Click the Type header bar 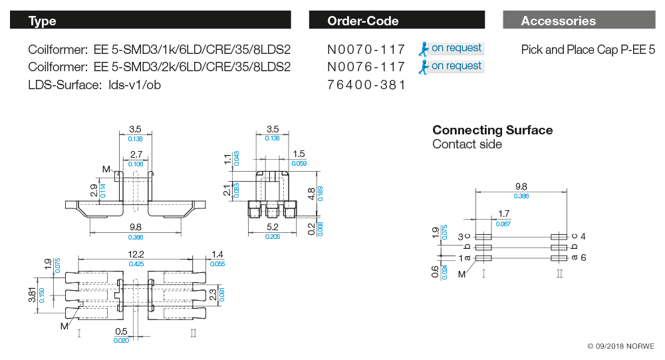pos(150,21)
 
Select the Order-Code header pos(399,21)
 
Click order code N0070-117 pos(366,49)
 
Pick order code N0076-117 pos(366,67)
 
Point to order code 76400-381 pos(366,85)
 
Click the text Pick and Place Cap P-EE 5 pos(588,49)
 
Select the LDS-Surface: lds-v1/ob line pos(94,85)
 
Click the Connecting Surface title pos(492,130)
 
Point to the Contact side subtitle pos(467,144)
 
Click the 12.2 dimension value pos(136,255)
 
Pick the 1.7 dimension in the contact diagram pos(503,214)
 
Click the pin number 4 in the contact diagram pos(583,236)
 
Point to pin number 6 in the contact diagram pos(583,258)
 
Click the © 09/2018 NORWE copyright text pos(620,347)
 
